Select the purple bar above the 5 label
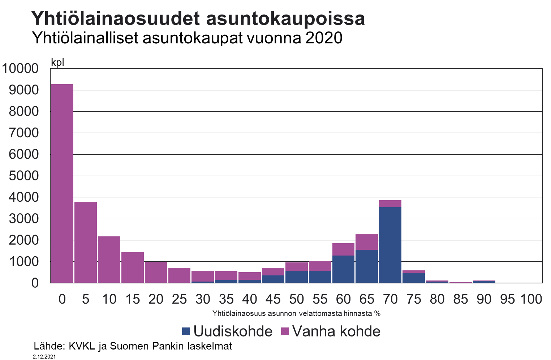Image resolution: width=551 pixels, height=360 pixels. tap(86, 242)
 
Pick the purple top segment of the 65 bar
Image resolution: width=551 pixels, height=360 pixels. tap(367, 242)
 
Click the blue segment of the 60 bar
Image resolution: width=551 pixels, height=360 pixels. tap(343, 269)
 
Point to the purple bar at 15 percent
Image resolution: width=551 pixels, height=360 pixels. tap(133, 267)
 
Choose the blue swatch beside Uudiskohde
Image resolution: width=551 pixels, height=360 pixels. tap(186, 331)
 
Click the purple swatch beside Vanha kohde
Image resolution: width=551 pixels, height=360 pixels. tap(285, 331)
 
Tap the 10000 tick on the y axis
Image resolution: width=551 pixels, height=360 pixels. tap(20, 68)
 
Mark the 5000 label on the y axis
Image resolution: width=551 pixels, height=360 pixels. tap(23, 176)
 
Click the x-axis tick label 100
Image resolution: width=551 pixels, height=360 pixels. tap(531, 299)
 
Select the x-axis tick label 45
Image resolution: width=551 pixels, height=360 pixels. tap(273, 299)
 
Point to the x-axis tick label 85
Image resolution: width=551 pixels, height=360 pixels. tap(460, 299)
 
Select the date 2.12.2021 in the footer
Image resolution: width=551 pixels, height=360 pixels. tap(44, 356)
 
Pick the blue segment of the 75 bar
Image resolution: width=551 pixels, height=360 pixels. tap(414, 278)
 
